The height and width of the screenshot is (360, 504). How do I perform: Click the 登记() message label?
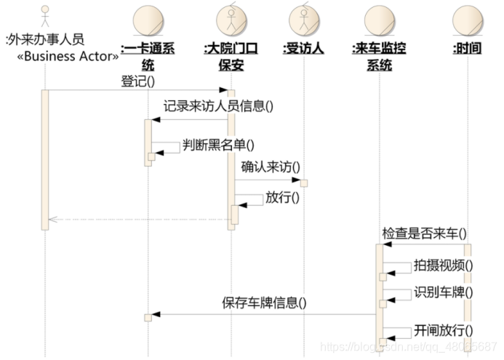(139, 81)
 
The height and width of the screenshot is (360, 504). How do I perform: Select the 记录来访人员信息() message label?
(218, 105)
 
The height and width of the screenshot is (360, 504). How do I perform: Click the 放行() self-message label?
(283, 196)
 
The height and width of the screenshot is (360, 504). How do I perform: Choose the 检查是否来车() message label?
(424, 234)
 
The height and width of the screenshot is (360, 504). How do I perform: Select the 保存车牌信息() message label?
(263, 303)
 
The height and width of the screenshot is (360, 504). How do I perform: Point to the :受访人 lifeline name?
(303, 49)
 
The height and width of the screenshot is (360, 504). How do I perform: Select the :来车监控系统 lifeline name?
(379, 57)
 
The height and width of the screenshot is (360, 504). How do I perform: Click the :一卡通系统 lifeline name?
(148, 57)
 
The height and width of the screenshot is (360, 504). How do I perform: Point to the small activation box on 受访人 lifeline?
(304, 182)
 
